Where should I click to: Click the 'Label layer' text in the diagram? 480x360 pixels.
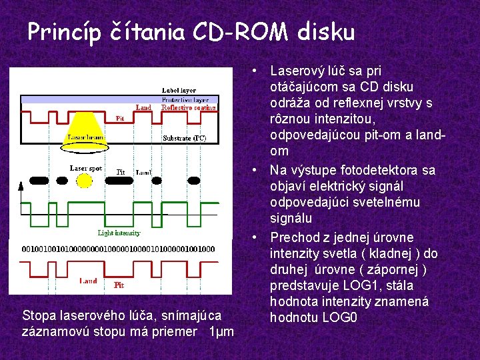[179, 90]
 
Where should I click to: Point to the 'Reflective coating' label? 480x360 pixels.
[189, 107]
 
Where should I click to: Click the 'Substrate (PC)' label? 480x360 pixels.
[185, 139]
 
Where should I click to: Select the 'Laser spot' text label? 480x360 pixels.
[86, 169]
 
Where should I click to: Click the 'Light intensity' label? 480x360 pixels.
[119, 233]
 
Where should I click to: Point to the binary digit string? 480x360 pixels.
[119, 249]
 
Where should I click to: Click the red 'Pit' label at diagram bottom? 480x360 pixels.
[119, 285]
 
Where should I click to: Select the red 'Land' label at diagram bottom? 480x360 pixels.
[88, 281]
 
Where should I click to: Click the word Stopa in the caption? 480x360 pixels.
[37, 315]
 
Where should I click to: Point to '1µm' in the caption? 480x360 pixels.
[221, 331]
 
